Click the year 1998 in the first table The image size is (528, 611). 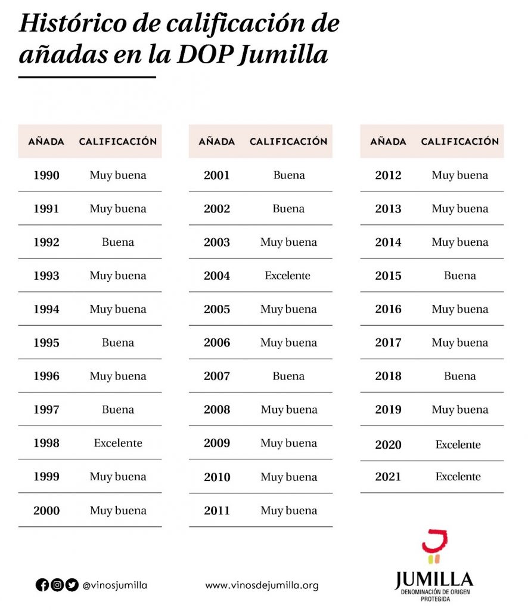point(46,443)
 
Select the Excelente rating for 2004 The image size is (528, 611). point(288,276)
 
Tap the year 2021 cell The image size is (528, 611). point(388,477)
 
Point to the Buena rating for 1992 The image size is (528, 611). point(118,242)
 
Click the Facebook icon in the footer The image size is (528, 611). point(42,585)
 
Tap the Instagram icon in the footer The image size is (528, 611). point(57,585)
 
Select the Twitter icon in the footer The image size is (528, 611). point(72,585)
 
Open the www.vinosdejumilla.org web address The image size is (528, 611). point(262,585)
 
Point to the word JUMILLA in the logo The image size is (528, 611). point(434,579)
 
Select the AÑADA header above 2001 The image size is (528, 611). point(217,141)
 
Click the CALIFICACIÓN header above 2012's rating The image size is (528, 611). point(459,141)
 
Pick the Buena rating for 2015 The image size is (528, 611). point(460,276)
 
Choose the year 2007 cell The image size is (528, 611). point(217,377)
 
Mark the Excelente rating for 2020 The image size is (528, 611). point(458,445)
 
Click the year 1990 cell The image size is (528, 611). point(46,175)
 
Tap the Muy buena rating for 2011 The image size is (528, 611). point(289,511)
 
